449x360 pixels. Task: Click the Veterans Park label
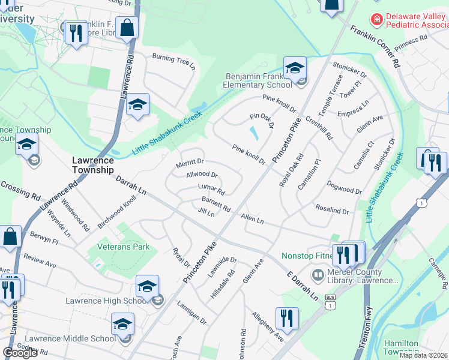[x=119, y=247]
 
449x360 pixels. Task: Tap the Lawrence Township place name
[x=93, y=165]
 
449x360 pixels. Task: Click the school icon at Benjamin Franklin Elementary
[x=295, y=68]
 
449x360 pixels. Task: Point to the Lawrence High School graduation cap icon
[x=147, y=287]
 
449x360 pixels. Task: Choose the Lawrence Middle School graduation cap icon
[x=123, y=326]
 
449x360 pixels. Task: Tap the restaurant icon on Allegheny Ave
[x=287, y=319]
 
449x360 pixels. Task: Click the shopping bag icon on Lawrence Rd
[x=127, y=28]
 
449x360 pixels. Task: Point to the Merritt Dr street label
[x=190, y=162]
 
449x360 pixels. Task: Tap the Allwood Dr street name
[x=202, y=175]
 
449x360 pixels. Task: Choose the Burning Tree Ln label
[x=174, y=61]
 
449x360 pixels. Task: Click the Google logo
[x=20, y=352]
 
